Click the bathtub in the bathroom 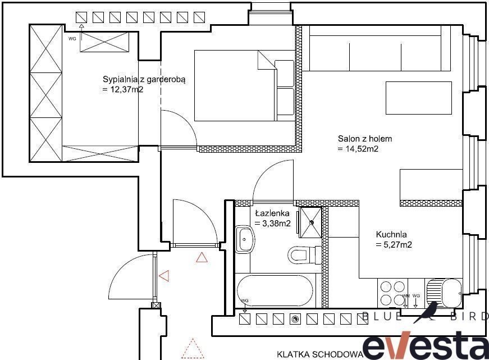click(275, 291)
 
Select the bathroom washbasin click(245, 239)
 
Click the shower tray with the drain click(310, 222)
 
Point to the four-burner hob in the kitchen click(392, 293)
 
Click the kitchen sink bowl click(451, 293)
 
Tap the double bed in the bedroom click(245, 85)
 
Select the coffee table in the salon click(418, 98)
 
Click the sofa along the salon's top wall click(380, 48)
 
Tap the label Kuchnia click(391, 234)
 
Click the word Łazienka click(272, 213)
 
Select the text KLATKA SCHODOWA click(320, 354)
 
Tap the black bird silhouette click(426, 313)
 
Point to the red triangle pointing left click(164, 276)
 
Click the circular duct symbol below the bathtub click(295, 319)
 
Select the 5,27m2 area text click(394, 245)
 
